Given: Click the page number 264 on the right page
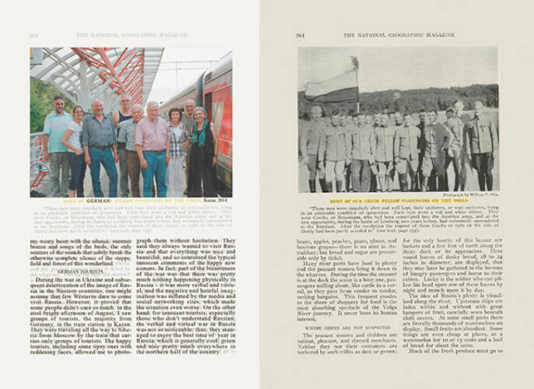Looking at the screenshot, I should pos(300,35).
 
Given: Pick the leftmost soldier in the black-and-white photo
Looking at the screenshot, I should pos(314,152).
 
